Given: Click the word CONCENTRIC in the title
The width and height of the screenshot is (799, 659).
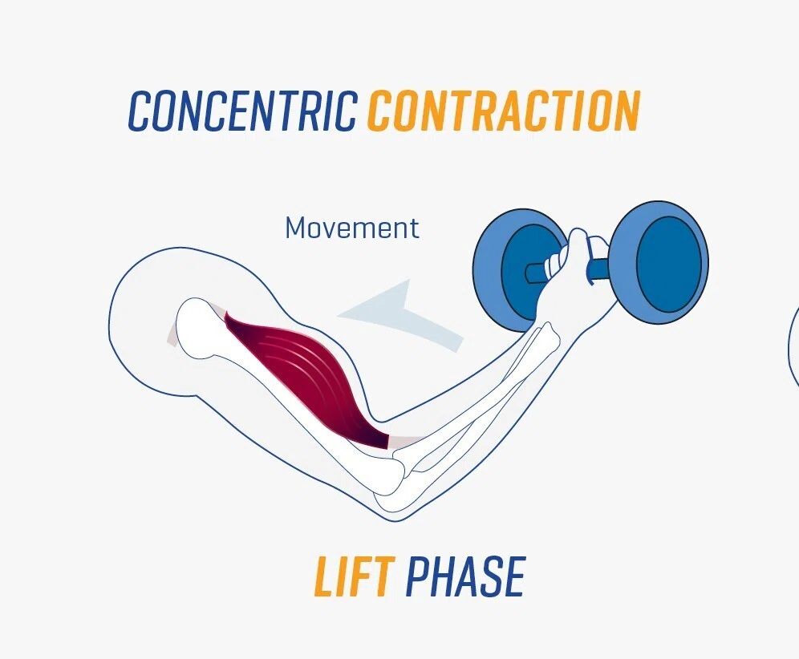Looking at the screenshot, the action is pyautogui.click(x=242, y=111).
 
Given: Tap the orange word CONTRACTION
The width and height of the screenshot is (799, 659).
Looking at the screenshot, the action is pyautogui.click(x=504, y=111).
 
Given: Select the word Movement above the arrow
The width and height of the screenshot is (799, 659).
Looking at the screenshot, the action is pyautogui.click(x=352, y=228).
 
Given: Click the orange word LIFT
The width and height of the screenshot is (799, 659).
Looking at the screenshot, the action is pyautogui.click(x=355, y=576).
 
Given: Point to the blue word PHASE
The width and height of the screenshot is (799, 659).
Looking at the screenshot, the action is pyautogui.click(x=466, y=576).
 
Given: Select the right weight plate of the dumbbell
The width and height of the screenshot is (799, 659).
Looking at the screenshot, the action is pyautogui.click(x=659, y=262).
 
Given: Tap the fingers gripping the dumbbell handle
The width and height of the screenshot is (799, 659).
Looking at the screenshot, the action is pyautogui.click(x=555, y=261).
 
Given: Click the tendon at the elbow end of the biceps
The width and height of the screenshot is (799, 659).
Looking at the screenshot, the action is pyautogui.click(x=406, y=441).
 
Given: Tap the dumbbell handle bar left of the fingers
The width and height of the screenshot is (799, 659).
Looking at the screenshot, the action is pyautogui.click(x=535, y=273).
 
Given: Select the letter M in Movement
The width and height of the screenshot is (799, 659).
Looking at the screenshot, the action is pyautogui.click(x=297, y=228).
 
